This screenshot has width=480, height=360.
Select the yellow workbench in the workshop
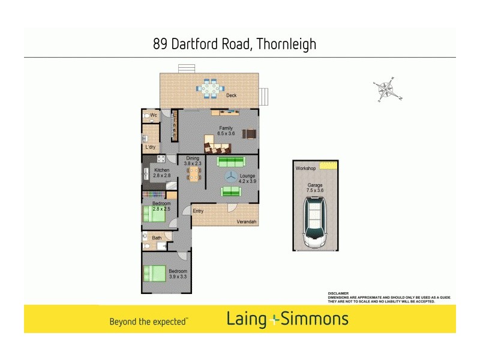328,166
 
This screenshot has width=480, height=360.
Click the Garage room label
315,185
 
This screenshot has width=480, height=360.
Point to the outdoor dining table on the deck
210,89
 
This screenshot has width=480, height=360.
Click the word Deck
231,96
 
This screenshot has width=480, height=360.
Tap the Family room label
226,128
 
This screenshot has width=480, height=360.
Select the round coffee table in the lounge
231,176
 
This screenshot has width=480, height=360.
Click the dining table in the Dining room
194,174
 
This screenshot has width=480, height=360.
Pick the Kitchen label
161,170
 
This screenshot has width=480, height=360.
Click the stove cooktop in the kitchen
161,159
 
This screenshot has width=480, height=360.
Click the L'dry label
151,146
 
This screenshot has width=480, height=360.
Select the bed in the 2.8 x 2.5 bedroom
155,214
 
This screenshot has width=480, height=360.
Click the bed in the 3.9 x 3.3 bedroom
154,273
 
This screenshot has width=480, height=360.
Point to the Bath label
157,238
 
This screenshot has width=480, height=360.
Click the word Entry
198,211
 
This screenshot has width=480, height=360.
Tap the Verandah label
246,222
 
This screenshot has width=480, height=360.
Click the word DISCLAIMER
338,293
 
